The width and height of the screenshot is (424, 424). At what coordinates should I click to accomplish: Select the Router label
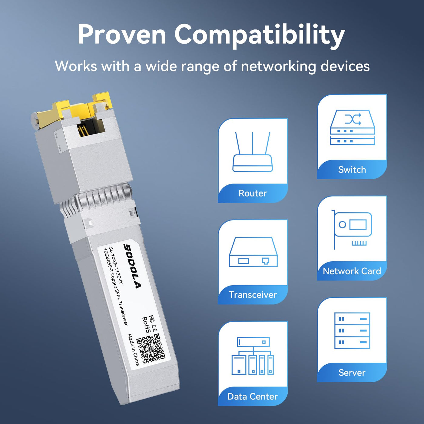253,193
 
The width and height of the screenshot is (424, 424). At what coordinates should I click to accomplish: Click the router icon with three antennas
253,152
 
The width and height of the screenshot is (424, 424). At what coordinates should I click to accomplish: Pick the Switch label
352,170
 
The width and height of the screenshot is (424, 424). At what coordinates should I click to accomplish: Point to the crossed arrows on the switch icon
353,119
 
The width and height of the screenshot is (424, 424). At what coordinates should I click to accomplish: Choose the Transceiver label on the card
253,295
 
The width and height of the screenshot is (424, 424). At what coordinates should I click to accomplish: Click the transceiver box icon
253,252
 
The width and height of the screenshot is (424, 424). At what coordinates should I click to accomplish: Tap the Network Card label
352,271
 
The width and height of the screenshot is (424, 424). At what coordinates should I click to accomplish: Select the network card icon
352,230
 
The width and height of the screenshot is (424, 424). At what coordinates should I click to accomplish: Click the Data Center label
253,396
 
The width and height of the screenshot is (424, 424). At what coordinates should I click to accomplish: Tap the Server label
352,373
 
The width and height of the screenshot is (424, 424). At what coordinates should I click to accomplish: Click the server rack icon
352,330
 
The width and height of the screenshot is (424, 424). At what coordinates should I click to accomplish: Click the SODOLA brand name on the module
131,266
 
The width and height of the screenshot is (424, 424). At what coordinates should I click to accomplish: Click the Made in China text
134,349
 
